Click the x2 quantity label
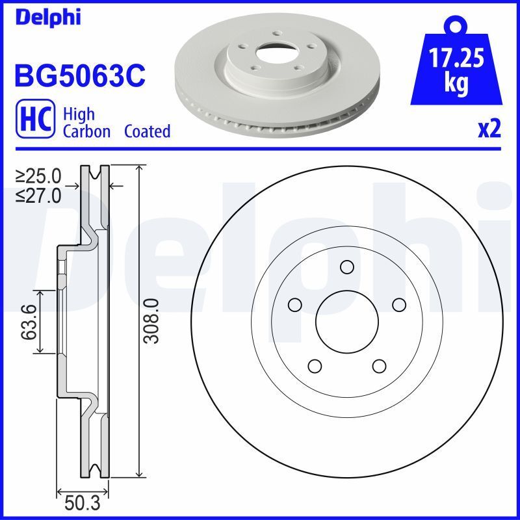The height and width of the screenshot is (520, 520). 489,129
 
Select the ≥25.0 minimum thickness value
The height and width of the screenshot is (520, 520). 38,175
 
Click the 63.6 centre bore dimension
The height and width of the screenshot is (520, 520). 28,323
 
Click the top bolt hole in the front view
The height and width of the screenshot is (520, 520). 346,266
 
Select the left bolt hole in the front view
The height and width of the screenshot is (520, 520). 295,304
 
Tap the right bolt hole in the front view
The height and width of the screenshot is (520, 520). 398,304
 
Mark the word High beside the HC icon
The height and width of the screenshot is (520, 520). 79,114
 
